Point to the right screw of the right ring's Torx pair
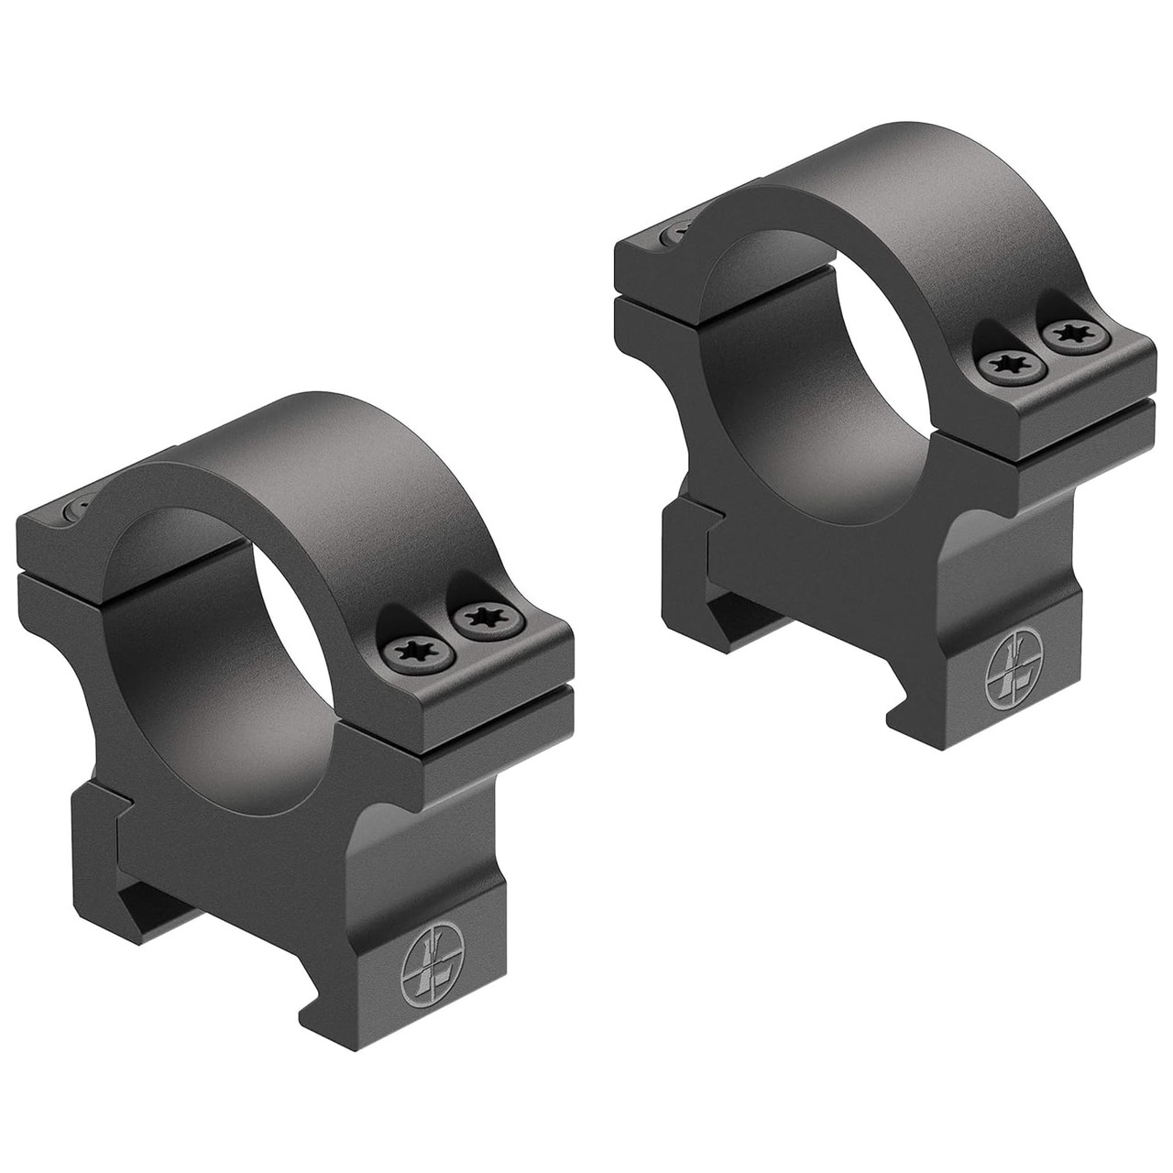[1069, 336]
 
